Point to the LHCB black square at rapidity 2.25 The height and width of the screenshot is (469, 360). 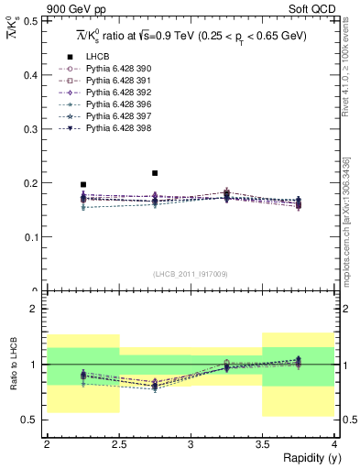tap(83, 184)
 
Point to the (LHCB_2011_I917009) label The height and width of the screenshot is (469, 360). tap(190, 274)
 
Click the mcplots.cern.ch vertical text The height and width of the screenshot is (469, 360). tap(347, 229)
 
